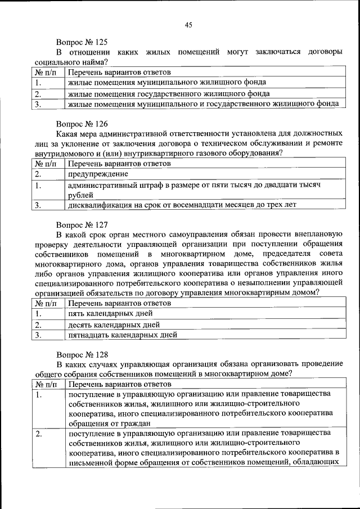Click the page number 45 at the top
click(188, 24)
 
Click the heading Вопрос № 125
click(82, 42)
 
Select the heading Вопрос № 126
click(82, 123)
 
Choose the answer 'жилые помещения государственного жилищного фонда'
click(169, 93)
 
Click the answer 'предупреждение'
click(94, 174)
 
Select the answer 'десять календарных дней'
click(114, 325)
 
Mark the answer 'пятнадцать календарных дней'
click(123, 335)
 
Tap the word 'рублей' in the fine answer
click(80, 195)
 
